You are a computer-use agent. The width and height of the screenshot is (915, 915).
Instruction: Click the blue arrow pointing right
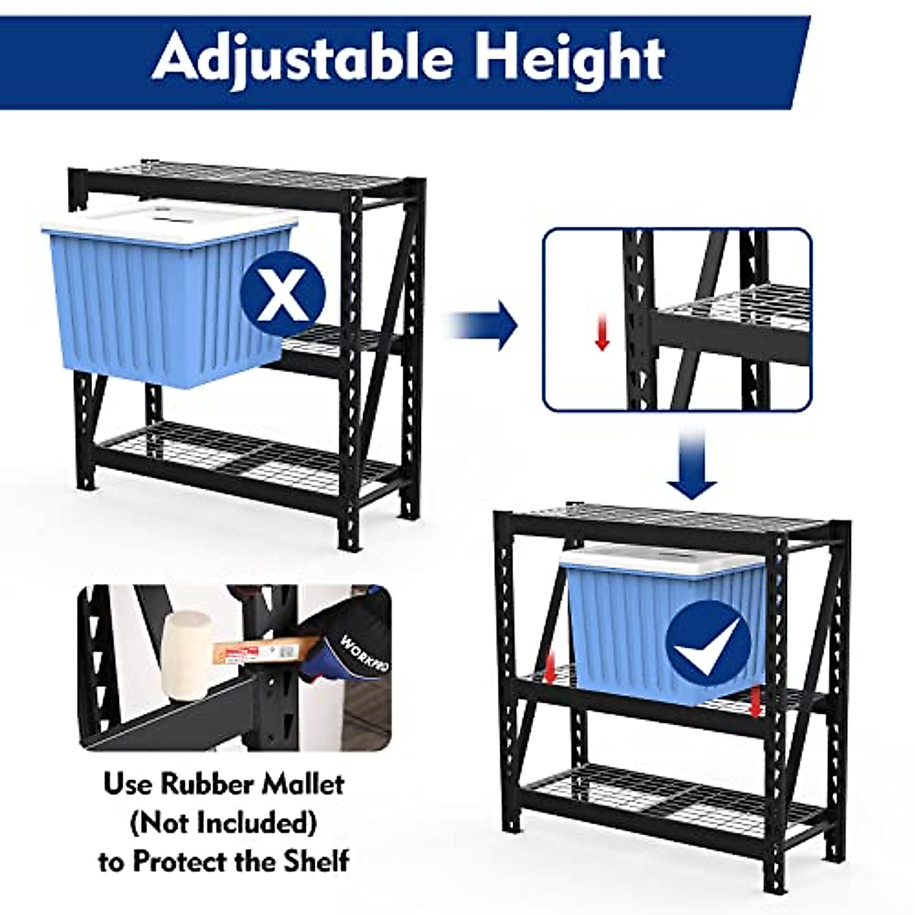click(485, 325)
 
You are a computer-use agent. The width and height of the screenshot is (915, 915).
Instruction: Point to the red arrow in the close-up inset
click(602, 334)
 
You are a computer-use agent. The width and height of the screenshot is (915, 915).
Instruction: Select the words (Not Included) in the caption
click(223, 823)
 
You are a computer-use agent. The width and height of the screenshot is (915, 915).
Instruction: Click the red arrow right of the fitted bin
click(755, 702)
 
